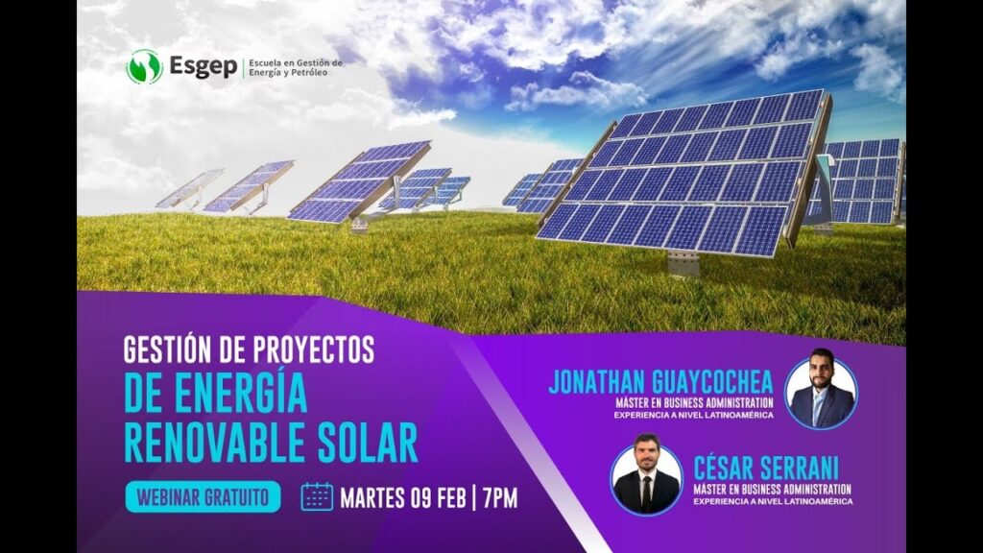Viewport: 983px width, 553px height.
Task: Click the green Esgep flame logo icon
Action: point(144,66)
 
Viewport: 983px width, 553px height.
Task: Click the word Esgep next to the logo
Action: point(203,66)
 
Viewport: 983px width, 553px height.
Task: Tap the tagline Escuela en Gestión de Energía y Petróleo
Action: point(295,67)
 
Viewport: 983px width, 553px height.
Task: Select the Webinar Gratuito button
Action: point(203,496)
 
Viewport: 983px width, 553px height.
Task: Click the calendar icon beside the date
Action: point(317,496)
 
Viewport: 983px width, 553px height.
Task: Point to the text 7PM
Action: point(500,497)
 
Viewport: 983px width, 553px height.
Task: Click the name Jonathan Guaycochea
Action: point(660,381)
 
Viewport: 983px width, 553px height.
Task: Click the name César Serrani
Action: point(767,468)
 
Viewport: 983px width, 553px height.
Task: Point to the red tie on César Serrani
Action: point(646,493)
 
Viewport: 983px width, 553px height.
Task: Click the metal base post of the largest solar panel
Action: point(683,263)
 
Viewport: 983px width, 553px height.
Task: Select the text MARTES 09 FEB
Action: point(402,497)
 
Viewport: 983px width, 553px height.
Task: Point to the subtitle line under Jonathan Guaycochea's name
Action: point(694,402)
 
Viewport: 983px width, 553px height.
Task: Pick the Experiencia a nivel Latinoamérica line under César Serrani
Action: point(772,501)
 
